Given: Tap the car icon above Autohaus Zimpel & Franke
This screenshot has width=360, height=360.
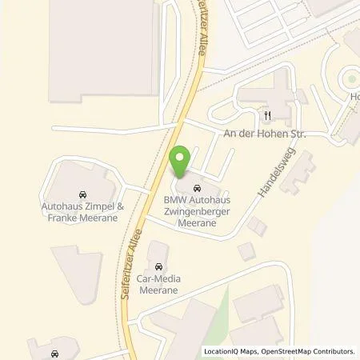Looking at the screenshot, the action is point(82,194).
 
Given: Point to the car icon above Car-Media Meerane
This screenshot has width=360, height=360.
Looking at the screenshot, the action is point(158,266).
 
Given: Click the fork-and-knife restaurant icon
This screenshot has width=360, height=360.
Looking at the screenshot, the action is point(268,114).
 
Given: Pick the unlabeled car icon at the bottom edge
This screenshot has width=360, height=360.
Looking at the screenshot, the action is point(54,353).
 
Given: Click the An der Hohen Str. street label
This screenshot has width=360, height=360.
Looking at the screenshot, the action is point(266,134).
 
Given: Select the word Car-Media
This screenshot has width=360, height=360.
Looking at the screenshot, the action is point(158,278).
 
